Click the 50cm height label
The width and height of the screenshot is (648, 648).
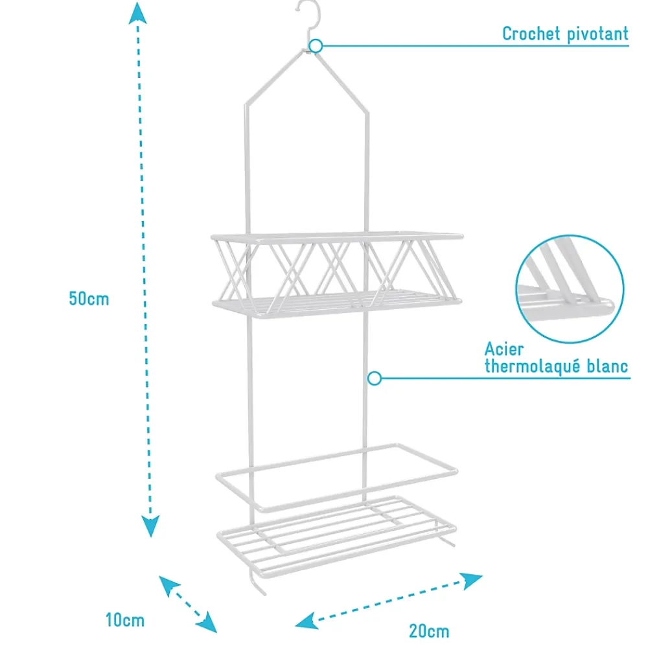89,298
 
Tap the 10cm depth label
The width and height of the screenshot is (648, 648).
125,620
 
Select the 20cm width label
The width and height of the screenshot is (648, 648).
429,631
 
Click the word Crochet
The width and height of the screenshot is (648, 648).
531,34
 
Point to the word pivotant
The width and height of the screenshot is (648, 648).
597,34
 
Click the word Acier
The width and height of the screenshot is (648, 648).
504,349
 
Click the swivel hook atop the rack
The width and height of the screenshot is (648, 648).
309,21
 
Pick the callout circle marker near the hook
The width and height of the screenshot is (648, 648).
316,46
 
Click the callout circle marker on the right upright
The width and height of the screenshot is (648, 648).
375,378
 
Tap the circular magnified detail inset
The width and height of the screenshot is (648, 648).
570,289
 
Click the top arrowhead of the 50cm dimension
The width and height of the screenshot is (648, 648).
137,13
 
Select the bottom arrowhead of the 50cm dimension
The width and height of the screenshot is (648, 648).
150,526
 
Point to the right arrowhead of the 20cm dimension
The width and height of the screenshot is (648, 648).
472,580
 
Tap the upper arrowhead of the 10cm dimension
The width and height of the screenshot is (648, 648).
168,585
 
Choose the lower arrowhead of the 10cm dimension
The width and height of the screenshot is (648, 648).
207,623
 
